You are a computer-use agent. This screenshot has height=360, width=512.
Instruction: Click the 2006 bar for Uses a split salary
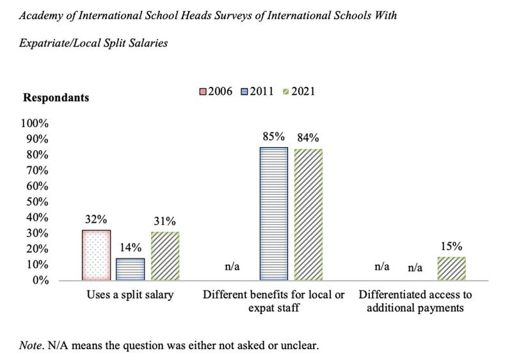[x=96, y=254]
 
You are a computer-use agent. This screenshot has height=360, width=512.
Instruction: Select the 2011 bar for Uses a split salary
[x=131, y=269]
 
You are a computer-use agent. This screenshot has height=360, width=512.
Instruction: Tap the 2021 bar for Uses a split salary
[x=165, y=256]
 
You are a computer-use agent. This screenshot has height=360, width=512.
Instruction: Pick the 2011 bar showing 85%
[x=274, y=214]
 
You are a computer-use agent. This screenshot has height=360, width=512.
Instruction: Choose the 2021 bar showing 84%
[x=308, y=214]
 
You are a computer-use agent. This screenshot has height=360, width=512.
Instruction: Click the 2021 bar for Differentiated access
[x=451, y=269]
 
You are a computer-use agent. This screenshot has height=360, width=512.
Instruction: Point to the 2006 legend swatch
[x=204, y=92]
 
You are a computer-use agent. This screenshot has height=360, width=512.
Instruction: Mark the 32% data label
[x=96, y=217]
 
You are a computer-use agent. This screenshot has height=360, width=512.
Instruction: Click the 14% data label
[x=131, y=247]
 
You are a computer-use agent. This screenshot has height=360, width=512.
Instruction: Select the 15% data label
[x=451, y=245]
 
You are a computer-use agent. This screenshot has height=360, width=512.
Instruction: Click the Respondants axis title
[x=56, y=98]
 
